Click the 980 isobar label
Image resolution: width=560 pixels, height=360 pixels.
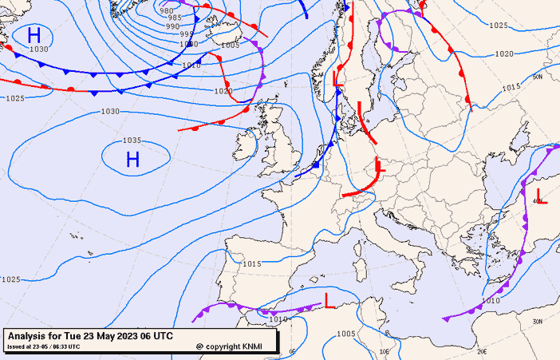(167, 10)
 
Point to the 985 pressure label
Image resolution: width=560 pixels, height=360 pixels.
(175, 18)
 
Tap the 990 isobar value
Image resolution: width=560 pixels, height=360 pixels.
(172, 26)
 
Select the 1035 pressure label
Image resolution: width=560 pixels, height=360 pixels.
(132, 140)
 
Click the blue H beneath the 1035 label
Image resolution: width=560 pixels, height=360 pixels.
(132, 160)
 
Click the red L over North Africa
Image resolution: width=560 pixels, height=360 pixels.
(329, 301)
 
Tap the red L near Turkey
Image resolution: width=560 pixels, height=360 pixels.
(542, 196)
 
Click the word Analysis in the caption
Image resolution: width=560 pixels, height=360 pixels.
(30, 336)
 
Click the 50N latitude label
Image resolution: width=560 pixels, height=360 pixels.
(537, 77)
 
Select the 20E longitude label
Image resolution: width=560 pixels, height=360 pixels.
(481, 350)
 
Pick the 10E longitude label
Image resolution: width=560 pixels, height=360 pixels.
(385, 350)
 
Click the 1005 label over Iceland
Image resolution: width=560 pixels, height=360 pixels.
(230, 45)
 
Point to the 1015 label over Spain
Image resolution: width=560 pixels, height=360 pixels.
(251, 263)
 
